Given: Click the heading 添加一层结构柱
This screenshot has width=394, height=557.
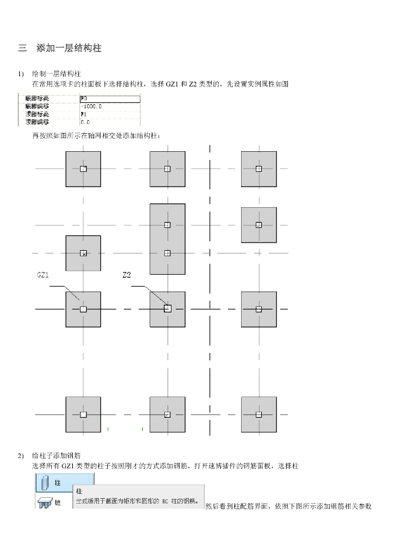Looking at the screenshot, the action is coord(69,48).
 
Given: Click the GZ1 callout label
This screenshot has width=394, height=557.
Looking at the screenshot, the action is coord(43,275).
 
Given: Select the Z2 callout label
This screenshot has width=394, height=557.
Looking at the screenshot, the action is coord(127,275).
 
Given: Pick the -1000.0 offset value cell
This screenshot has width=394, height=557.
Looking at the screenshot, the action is coord(91,107).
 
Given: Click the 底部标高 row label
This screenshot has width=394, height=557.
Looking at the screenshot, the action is coord(38,99).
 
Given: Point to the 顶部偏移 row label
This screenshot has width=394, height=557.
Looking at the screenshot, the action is coord(38,122).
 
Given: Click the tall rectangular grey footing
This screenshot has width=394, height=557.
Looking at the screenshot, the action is coord(167,238).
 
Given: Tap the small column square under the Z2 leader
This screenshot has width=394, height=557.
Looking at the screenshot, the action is coord(168,308).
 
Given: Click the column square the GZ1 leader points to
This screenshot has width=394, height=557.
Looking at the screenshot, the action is coord(83,309).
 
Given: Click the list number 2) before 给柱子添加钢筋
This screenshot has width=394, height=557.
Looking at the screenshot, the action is coord(21,455).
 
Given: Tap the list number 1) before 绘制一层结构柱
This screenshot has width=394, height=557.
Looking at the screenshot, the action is coord(21,73).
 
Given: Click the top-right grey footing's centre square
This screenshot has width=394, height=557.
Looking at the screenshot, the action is coord(258,169).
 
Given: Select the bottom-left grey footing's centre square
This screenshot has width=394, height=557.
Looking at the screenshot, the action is coord(83,414).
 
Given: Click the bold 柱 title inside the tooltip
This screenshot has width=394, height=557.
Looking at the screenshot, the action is coord(79,491).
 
